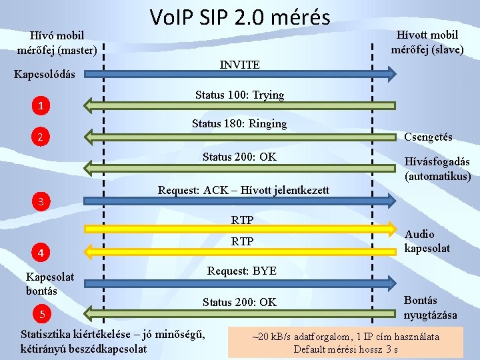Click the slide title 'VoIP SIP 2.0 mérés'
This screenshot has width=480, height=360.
239,16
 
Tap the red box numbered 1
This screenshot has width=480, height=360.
41,106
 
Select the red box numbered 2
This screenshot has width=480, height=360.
41,138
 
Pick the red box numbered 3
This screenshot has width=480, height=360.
41,201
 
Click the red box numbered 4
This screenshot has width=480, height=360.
41,253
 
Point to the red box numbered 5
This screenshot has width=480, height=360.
41,315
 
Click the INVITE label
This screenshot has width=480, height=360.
239,65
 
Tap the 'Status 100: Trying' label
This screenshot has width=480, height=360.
239,95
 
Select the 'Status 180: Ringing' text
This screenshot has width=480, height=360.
239,123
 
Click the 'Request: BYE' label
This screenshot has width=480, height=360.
241,271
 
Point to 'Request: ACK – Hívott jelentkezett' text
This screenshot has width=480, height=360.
243,190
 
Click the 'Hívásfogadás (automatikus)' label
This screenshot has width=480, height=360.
437,169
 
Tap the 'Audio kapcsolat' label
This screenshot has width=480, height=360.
427,241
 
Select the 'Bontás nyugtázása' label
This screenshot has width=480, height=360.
431,307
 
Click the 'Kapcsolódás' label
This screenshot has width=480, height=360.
45,73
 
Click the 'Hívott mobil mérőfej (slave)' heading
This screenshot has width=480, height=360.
427,42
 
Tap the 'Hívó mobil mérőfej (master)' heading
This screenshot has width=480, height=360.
57,43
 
